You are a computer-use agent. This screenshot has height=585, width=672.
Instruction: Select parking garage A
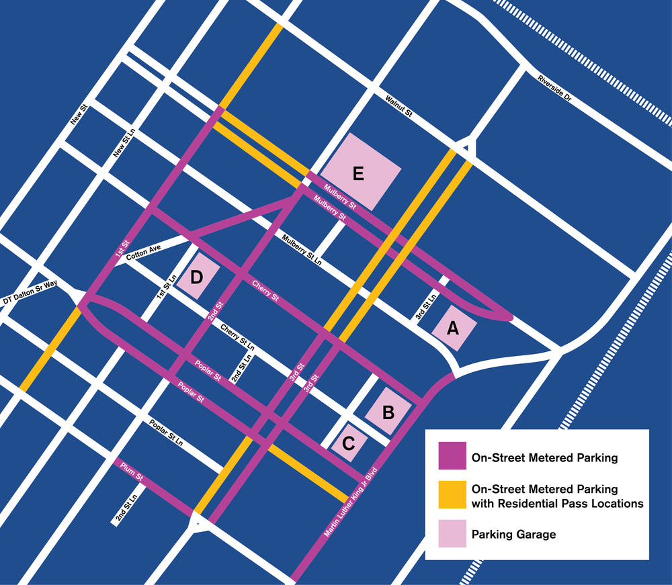[x=454, y=327]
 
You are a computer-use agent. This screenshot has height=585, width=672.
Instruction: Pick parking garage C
[x=349, y=441]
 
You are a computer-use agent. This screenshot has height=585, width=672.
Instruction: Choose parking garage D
[x=197, y=275]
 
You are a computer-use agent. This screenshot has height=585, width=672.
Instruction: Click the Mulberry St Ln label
[x=302, y=250]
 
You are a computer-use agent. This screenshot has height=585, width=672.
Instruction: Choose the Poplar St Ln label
[x=166, y=435]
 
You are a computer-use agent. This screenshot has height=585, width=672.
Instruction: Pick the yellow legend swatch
[x=452, y=495]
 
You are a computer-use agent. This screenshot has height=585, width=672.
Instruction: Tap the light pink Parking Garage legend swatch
[x=452, y=535]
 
